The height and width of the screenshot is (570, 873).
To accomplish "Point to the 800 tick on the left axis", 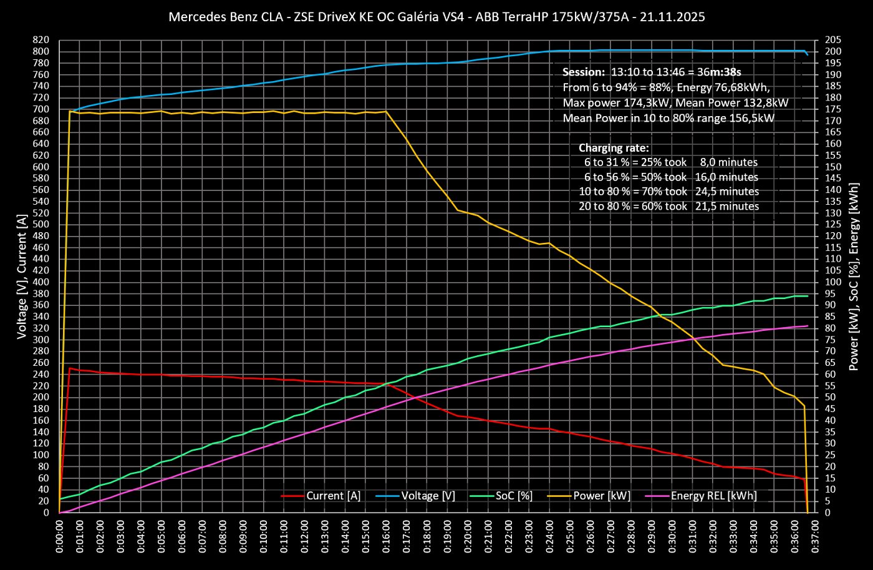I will click(x=41, y=51).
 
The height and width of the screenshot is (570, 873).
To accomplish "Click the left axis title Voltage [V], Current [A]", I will click(x=22, y=276).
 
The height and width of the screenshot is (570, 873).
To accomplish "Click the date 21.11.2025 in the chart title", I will click(x=675, y=17).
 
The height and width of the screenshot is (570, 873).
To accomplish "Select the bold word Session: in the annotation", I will click(x=583, y=72).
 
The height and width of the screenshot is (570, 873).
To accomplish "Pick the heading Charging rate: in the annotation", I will click(x=614, y=148).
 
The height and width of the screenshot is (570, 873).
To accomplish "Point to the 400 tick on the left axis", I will click(x=41, y=282).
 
